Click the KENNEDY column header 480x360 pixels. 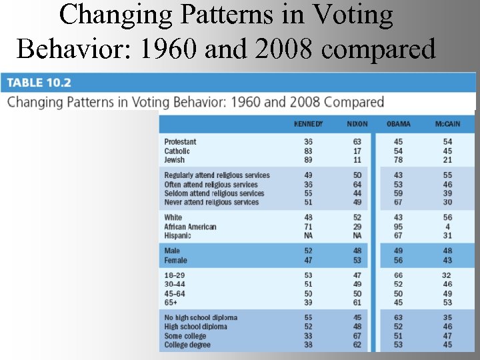click(x=308, y=124)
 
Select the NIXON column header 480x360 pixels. click(x=357, y=124)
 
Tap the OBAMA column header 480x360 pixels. click(x=399, y=124)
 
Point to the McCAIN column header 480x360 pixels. click(x=447, y=124)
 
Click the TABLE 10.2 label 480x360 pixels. click(x=39, y=83)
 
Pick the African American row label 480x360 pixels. click(x=190, y=227)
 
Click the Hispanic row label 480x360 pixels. click(x=178, y=235)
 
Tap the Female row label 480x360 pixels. click(x=176, y=260)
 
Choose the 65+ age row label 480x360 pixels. click(x=172, y=302)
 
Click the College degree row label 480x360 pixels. click(x=187, y=345)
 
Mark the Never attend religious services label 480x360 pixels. click(x=211, y=202)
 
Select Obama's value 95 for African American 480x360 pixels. click(x=399, y=227)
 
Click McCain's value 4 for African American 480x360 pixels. click(x=447, y=227)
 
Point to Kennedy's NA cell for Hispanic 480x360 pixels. click(x=308, y=235)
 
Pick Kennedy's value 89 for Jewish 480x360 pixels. click(x=308, y=160)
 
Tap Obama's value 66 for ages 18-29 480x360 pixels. click(x=399, y=275)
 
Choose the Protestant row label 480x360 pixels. click(x=181, y=142)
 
